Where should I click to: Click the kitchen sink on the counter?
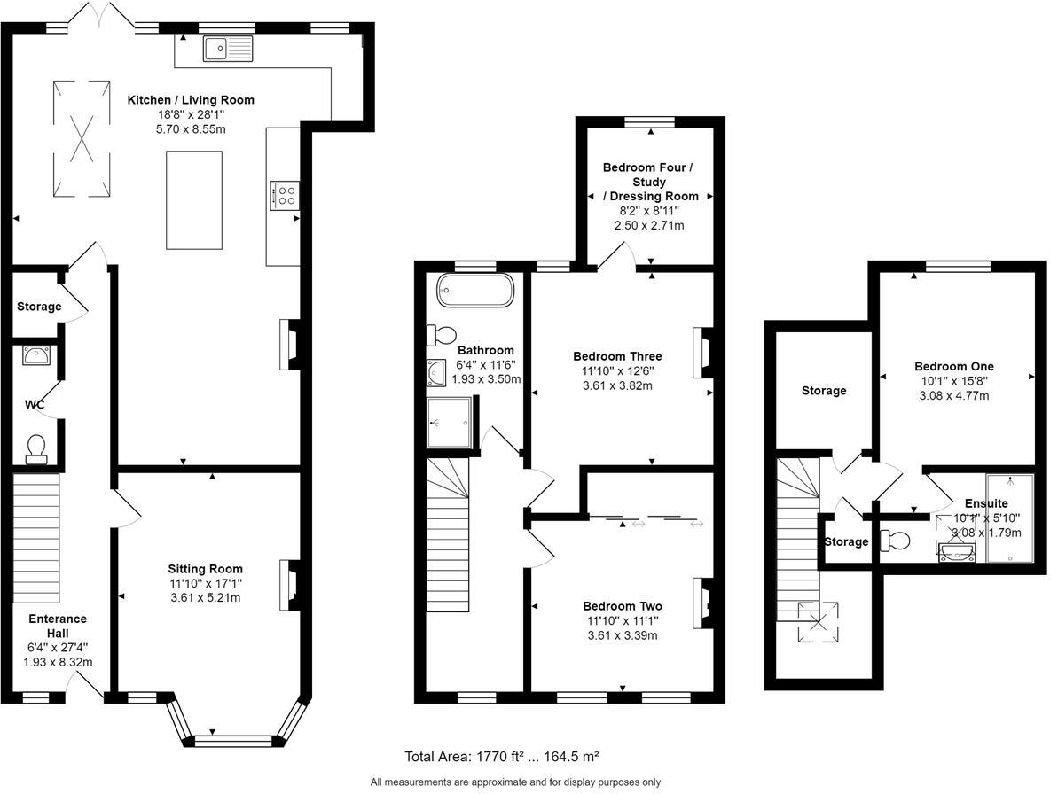pos(228,49)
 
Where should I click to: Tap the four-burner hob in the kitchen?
pos(286,195)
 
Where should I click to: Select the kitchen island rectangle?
pos(194,199)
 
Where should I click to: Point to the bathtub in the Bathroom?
pos(474,291)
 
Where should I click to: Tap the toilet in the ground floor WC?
pos(37,448)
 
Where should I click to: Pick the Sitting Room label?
pos(206,569)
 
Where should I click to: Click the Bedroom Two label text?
pos(622,606)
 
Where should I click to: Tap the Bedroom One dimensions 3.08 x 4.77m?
pos(953,395)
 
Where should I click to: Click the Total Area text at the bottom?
pos(501,756)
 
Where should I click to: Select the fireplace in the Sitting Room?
pos(289,586)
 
